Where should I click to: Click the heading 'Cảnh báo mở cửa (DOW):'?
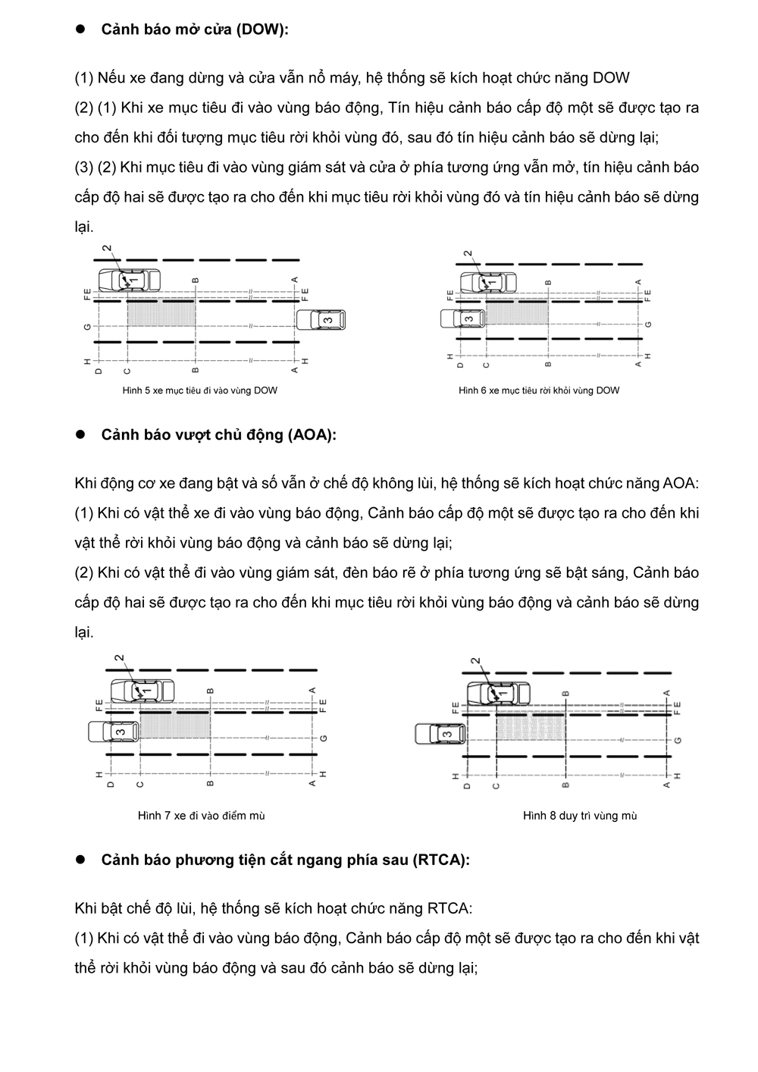[x=195, y=30]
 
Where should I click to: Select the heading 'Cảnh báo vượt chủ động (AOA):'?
[x=218, y=435]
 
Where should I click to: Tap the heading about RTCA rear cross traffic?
[x=285, y=860]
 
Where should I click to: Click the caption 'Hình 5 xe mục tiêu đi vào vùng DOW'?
[x=200, y=390]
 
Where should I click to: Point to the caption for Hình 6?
[x=539, y=390]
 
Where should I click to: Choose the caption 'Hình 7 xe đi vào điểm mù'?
[x=202, y=816]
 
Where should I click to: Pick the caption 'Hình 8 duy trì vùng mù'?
[x=580, y=816]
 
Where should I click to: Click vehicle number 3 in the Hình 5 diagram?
[x=323, y=320]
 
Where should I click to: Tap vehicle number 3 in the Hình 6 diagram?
[x=465, y=318]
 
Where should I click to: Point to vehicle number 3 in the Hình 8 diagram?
[x=441, y=734]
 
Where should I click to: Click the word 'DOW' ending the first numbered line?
[x=611, y=78]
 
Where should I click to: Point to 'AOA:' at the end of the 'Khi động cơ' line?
[x=681, y=484]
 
